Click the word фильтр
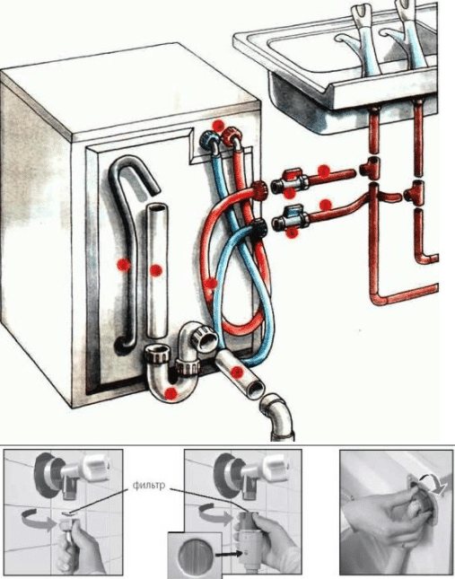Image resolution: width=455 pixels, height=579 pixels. (x=149, y=485)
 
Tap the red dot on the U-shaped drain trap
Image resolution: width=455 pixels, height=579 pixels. (x=171, y=394)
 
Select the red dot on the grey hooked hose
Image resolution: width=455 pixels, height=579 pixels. (x=123, y=264)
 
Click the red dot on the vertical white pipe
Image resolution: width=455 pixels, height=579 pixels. (x=156, y=270)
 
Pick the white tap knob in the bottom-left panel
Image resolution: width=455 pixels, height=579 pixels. (x=95, y=467)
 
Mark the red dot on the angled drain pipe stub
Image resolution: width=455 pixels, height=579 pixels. (x=237, y=372)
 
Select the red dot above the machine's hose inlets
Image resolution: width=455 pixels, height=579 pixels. (x=218, y=125)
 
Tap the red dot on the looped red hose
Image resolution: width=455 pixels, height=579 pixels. (x=211, y=284)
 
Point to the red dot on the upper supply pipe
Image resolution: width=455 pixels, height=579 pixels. (x=324, y=171)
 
